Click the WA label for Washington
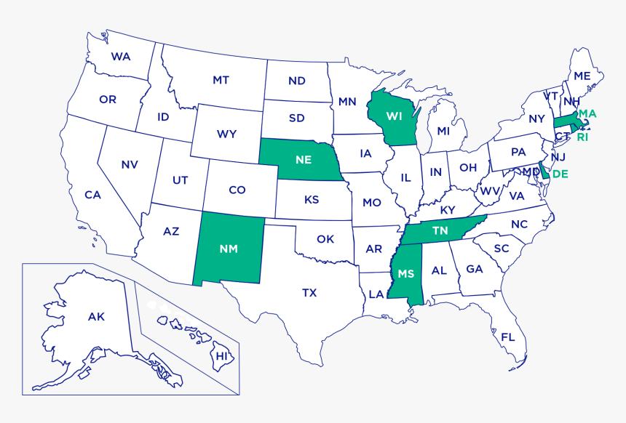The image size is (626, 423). pos(121,56)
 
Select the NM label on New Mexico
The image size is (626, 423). pos(229,248)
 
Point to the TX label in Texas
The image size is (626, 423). pos(309,293)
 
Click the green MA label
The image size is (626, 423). pos(587,114)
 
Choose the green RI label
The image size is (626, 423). pos(582,137)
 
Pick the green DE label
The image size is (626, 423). pos(560,174)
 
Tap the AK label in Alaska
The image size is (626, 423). pos(96,316)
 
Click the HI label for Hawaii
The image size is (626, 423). pos(221,356)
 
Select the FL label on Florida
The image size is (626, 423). pos(507,337)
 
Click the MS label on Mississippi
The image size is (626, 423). pos(405,273)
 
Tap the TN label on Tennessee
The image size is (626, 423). pos(440,230)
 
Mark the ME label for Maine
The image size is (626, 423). pos(582,76)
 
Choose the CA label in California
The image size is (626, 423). pos(92,194)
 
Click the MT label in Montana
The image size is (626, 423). pos(221,80)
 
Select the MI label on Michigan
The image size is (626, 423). pos(443,131)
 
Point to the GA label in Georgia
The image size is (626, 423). pos(474,269)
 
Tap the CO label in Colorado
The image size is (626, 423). pos(237,190)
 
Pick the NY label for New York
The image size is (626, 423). pos(536,118)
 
